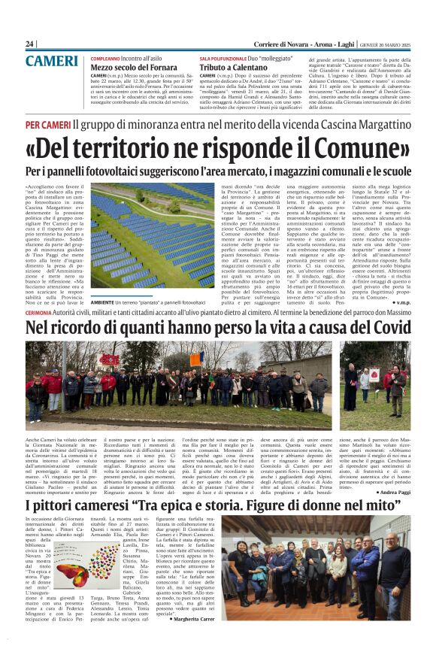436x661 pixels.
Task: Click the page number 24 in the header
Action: [x=30, y=44]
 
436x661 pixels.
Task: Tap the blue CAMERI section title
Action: [x=50, y=62]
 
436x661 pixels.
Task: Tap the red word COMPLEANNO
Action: [x=105, y=57]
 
